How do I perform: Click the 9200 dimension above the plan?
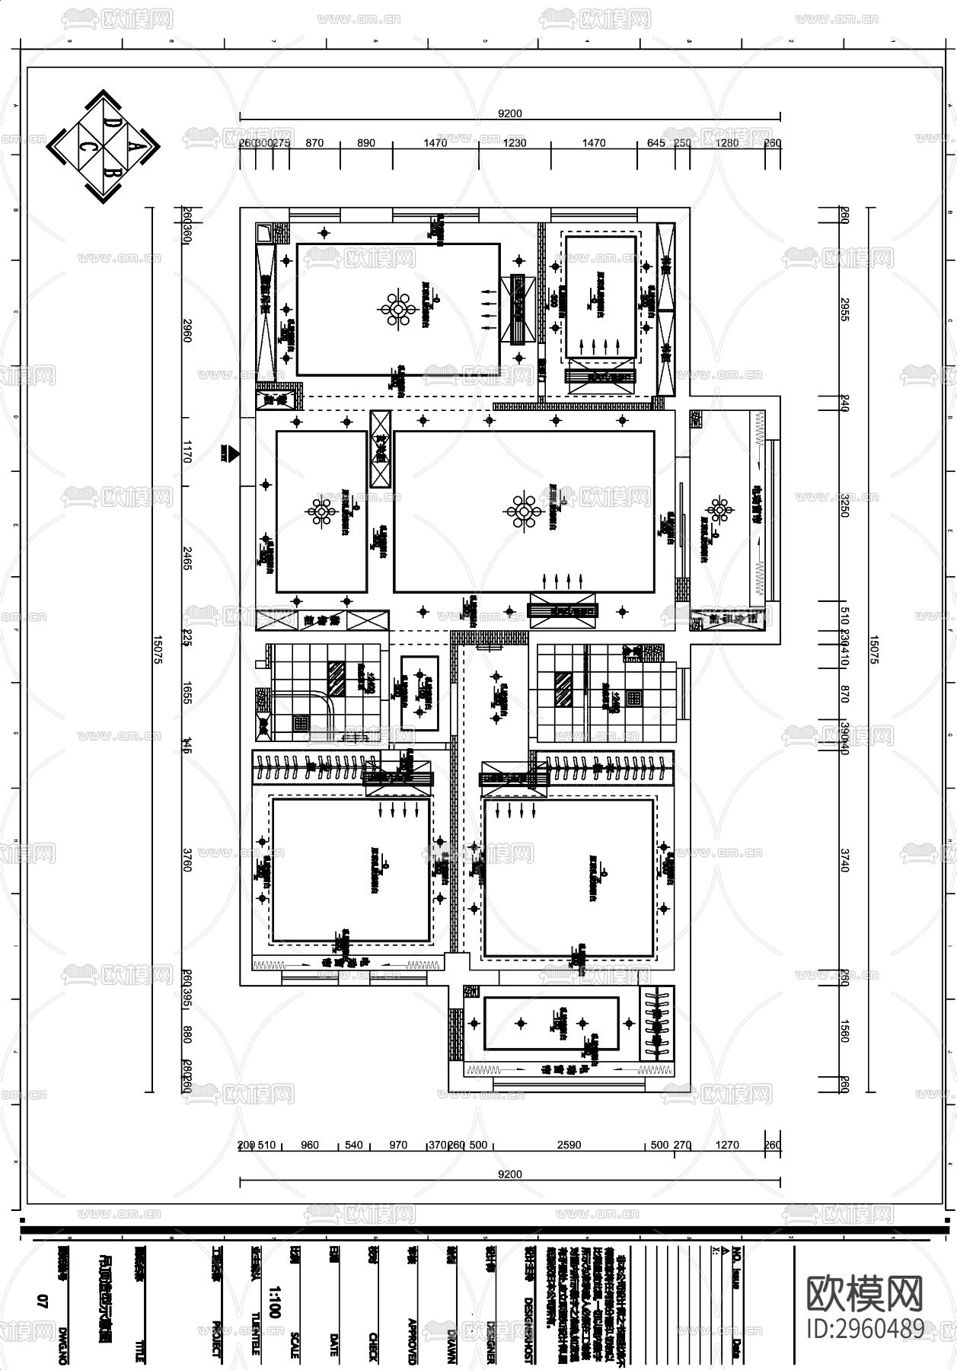pos(509,114)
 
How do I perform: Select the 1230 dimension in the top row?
pos(515,143)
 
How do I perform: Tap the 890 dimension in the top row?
pos(366,143)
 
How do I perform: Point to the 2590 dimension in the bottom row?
pos(569,1145)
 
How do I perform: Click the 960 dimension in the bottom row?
pos(310,1145)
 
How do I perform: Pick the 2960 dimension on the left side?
pos(187,331)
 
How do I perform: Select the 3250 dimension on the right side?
pos(844,505)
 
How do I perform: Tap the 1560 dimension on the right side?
pos(844,1031)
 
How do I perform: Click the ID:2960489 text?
pos(866,1327)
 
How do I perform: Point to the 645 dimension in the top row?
pos(656,143)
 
